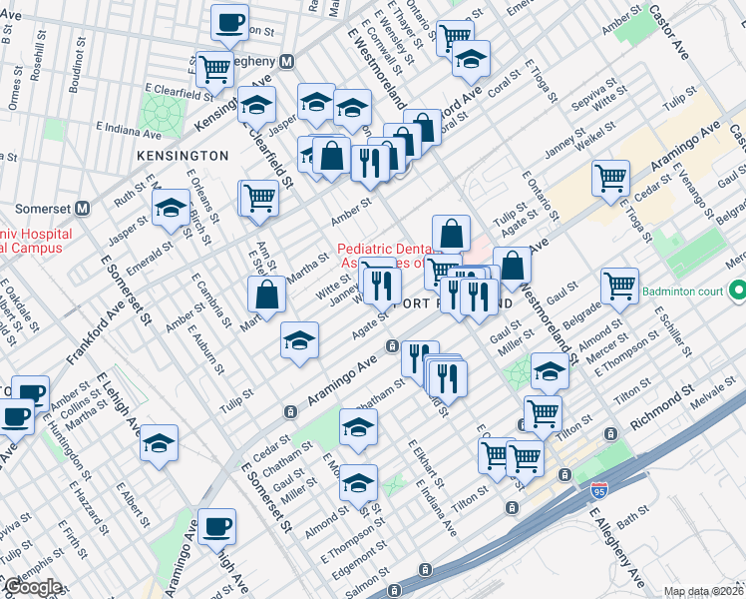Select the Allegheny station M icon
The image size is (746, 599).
click(x=286, y=61)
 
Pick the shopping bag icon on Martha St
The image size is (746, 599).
click(x=267, y=296)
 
